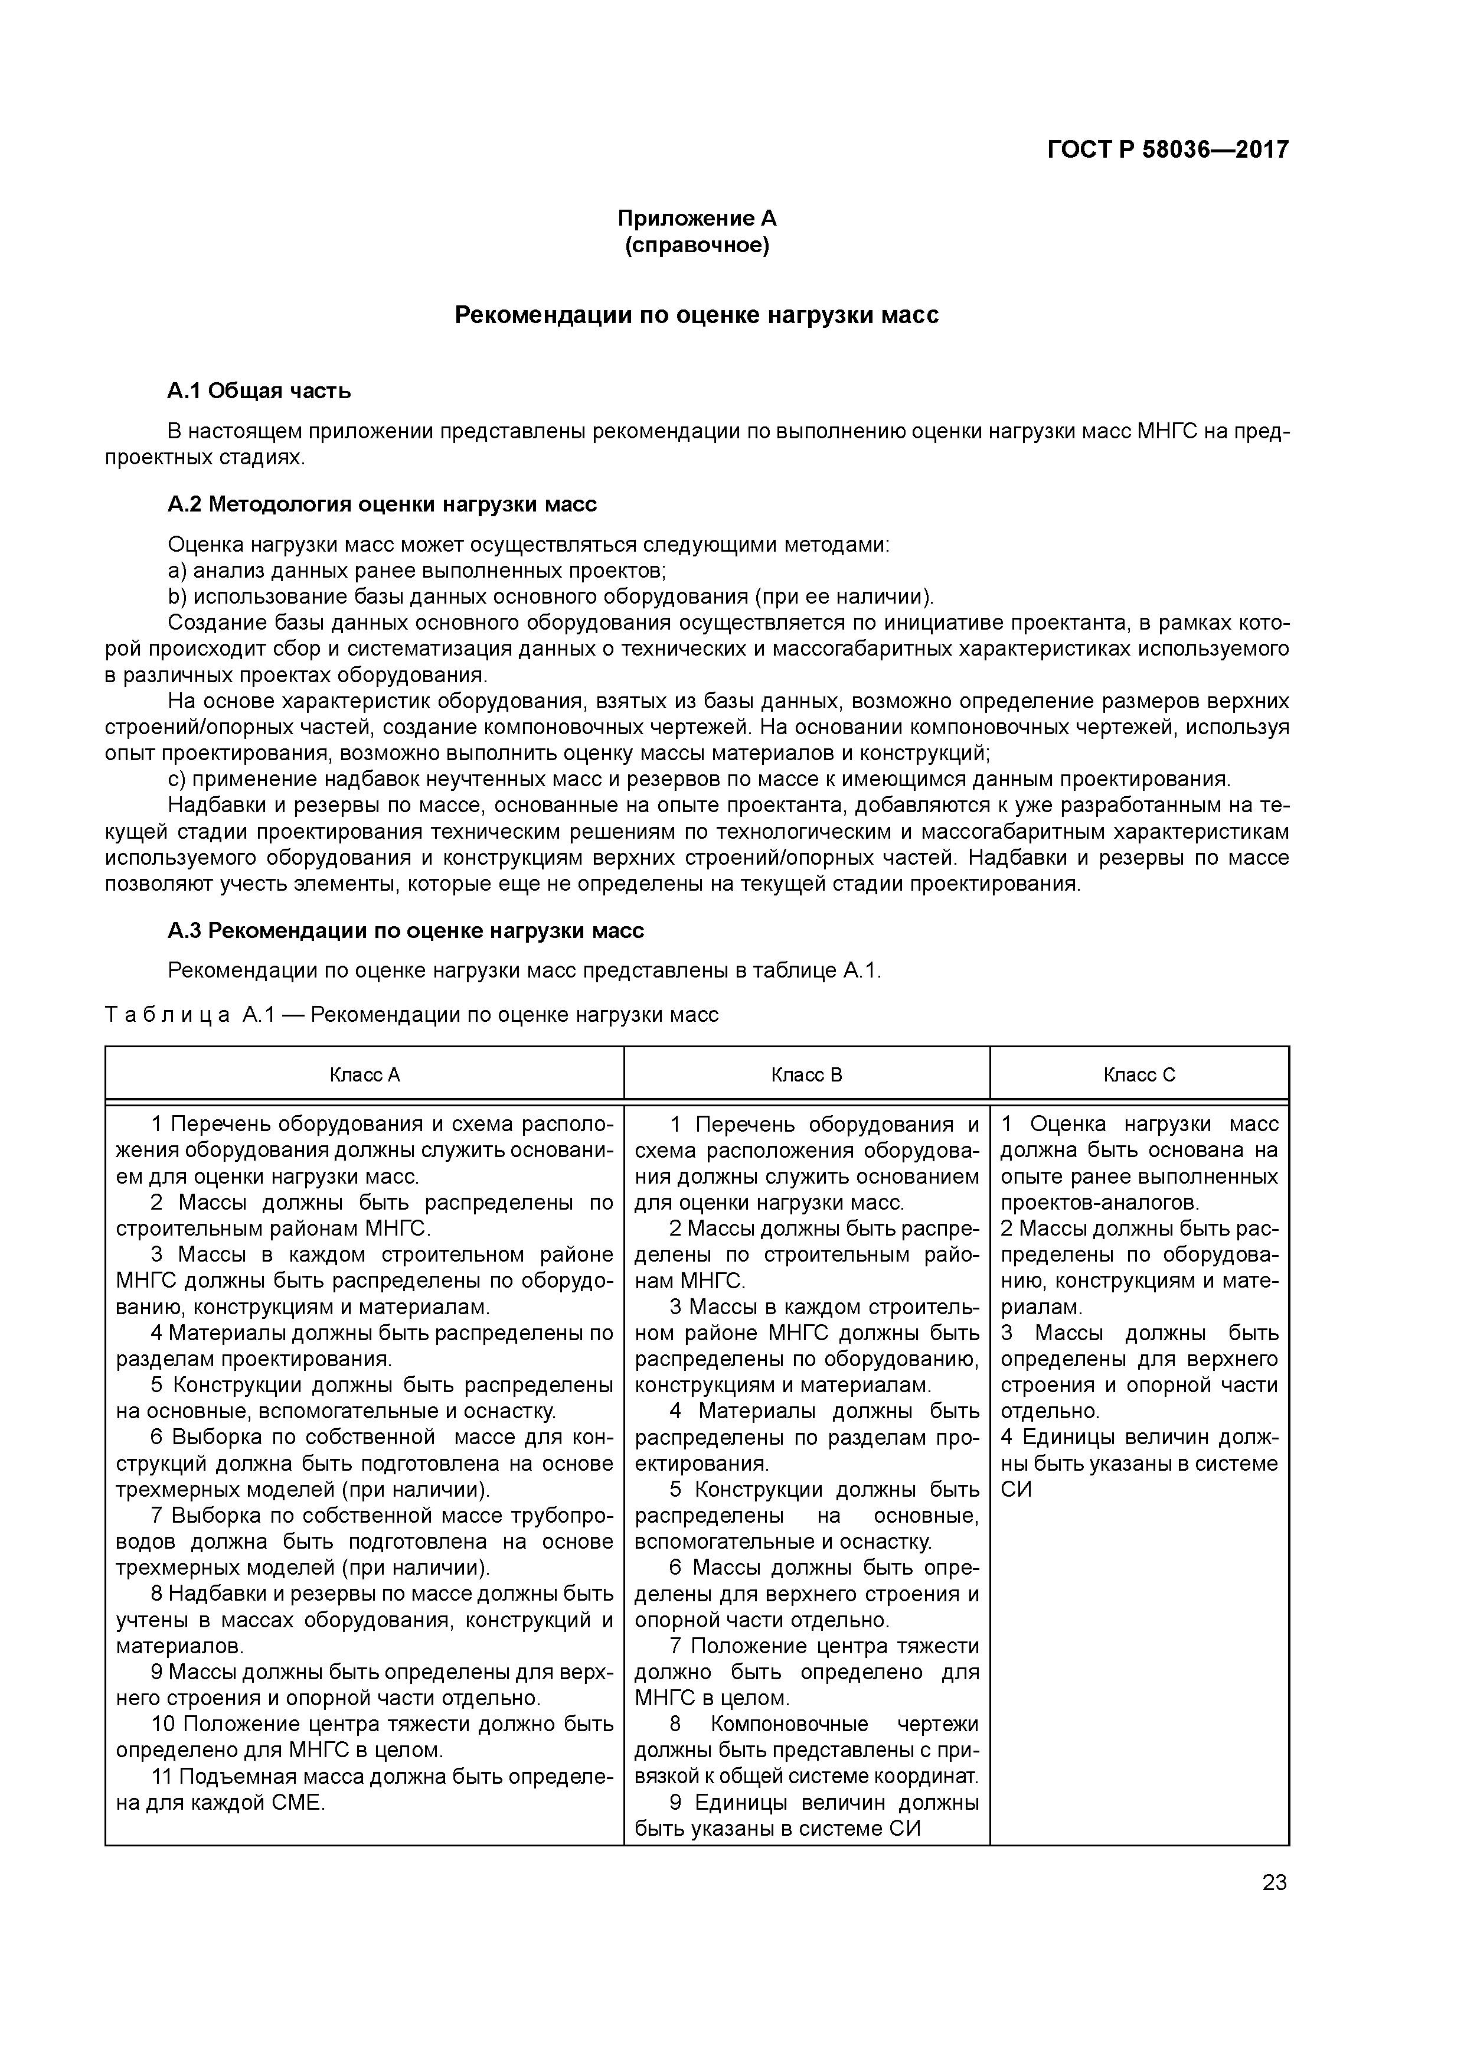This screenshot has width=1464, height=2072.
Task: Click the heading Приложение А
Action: (x=697, y=219)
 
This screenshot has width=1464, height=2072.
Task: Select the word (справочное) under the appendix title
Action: (x=697, y=246)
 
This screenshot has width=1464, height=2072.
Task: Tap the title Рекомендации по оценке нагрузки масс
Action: (x=697, y=315)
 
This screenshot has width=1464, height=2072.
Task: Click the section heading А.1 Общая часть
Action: (x=259, y=391)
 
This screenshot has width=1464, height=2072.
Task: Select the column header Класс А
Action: (x=364, y=1075)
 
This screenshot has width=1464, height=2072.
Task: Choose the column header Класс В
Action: (x=806, y=1075)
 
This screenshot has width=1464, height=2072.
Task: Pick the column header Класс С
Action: (x=1139, y=1075)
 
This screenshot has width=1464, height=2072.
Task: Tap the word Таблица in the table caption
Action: (x=168, y=1014)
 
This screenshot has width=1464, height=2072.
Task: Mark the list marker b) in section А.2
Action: (x=176, y=597)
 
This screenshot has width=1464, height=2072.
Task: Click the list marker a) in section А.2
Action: (x=176, y=571)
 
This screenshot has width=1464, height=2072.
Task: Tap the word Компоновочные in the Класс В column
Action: (x=789, y=1725)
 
